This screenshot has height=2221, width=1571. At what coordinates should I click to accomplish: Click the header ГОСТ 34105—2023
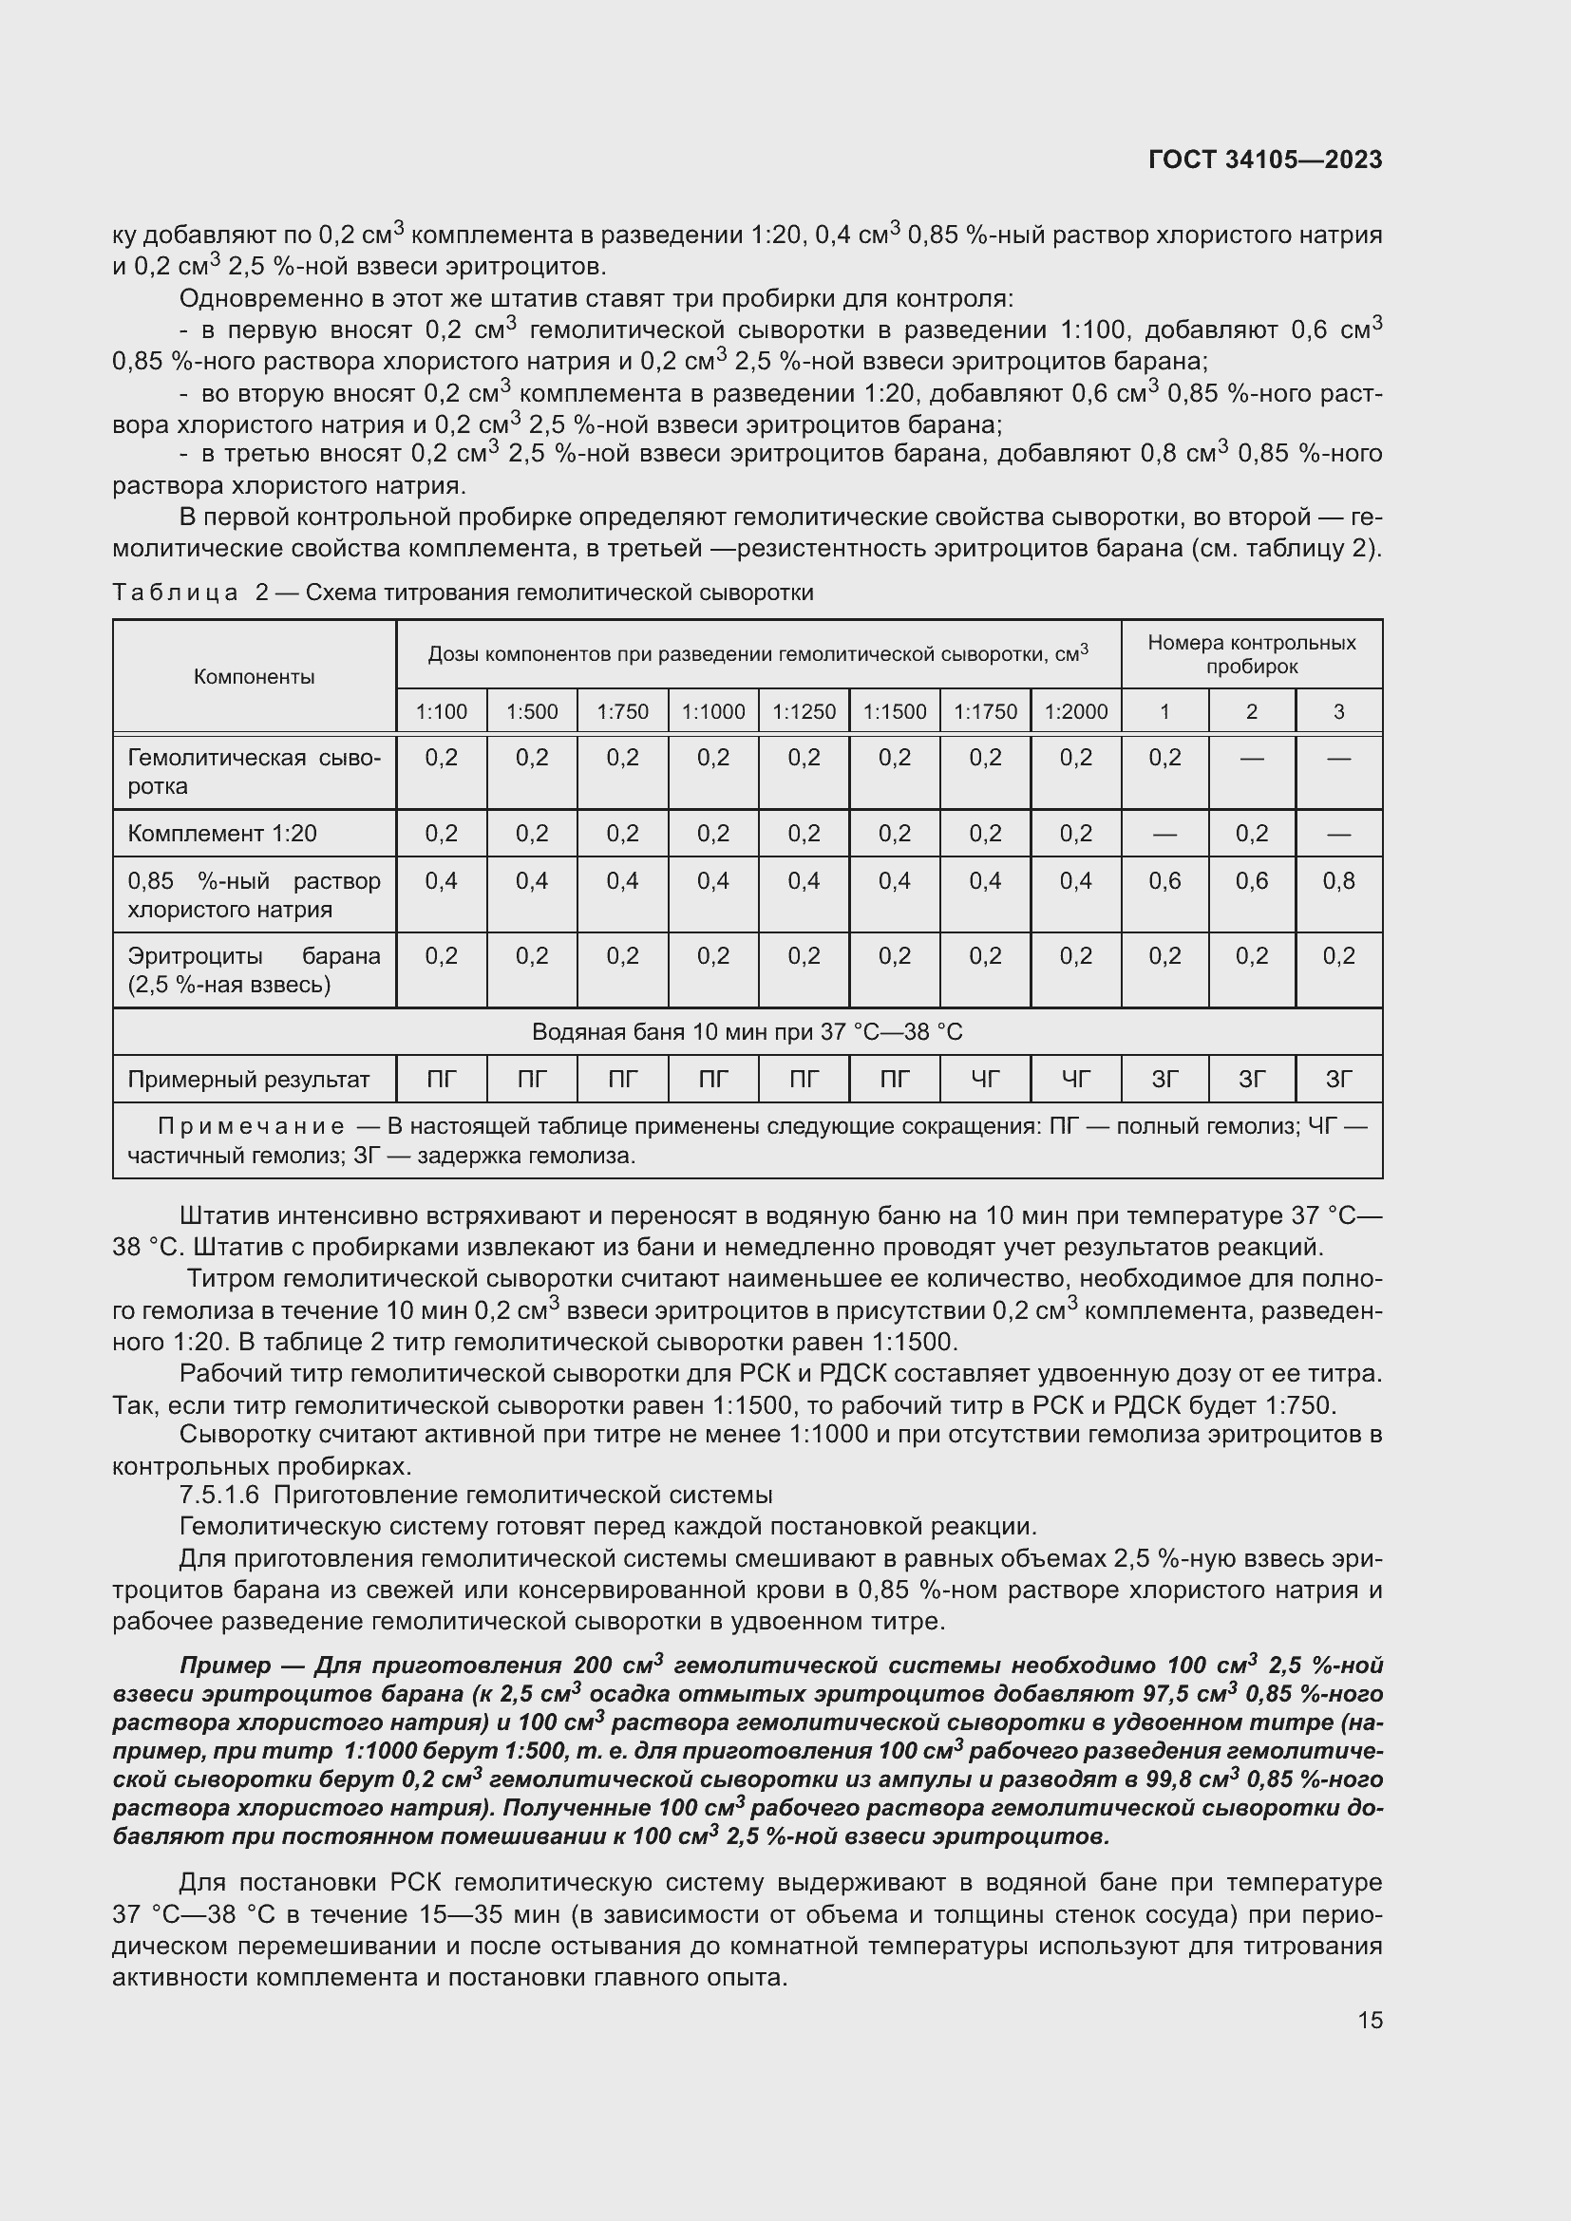point(1264,160)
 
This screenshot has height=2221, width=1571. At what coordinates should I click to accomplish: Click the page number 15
point(1370,2021)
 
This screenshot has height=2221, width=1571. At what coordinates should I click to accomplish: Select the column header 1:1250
point(804,712)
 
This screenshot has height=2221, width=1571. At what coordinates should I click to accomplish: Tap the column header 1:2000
point(1076,712)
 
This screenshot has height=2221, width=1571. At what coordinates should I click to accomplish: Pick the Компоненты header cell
point(254,676)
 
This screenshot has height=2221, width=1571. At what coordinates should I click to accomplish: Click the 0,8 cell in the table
point(1338,880)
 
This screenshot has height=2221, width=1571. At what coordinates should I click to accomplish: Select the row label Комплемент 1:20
point(222,833)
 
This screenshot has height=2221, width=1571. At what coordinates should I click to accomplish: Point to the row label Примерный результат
point(249,1080)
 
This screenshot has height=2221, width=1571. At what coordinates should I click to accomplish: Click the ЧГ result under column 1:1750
point(985,1080)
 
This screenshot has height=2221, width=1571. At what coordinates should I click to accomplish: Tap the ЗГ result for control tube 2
point(1252,1080)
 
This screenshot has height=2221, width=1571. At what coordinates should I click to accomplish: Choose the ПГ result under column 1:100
point(441,1080)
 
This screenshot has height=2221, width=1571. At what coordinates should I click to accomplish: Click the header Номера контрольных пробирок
point(1251,654)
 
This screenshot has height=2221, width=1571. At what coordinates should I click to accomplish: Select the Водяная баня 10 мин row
point(747,1032)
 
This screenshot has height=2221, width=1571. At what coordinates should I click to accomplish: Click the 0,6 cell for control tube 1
point(1164,880)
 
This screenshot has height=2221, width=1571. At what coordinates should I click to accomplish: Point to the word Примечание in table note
point(251,1126)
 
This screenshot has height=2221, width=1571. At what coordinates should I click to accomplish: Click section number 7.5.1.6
point(218,1495)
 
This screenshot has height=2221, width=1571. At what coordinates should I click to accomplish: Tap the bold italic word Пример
point(224,1665)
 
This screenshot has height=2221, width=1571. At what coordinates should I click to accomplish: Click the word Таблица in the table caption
point(175,592)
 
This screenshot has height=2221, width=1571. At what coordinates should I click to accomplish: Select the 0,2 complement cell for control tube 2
point(1252,833)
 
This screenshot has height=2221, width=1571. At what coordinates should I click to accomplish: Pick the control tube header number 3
point(1338,712)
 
